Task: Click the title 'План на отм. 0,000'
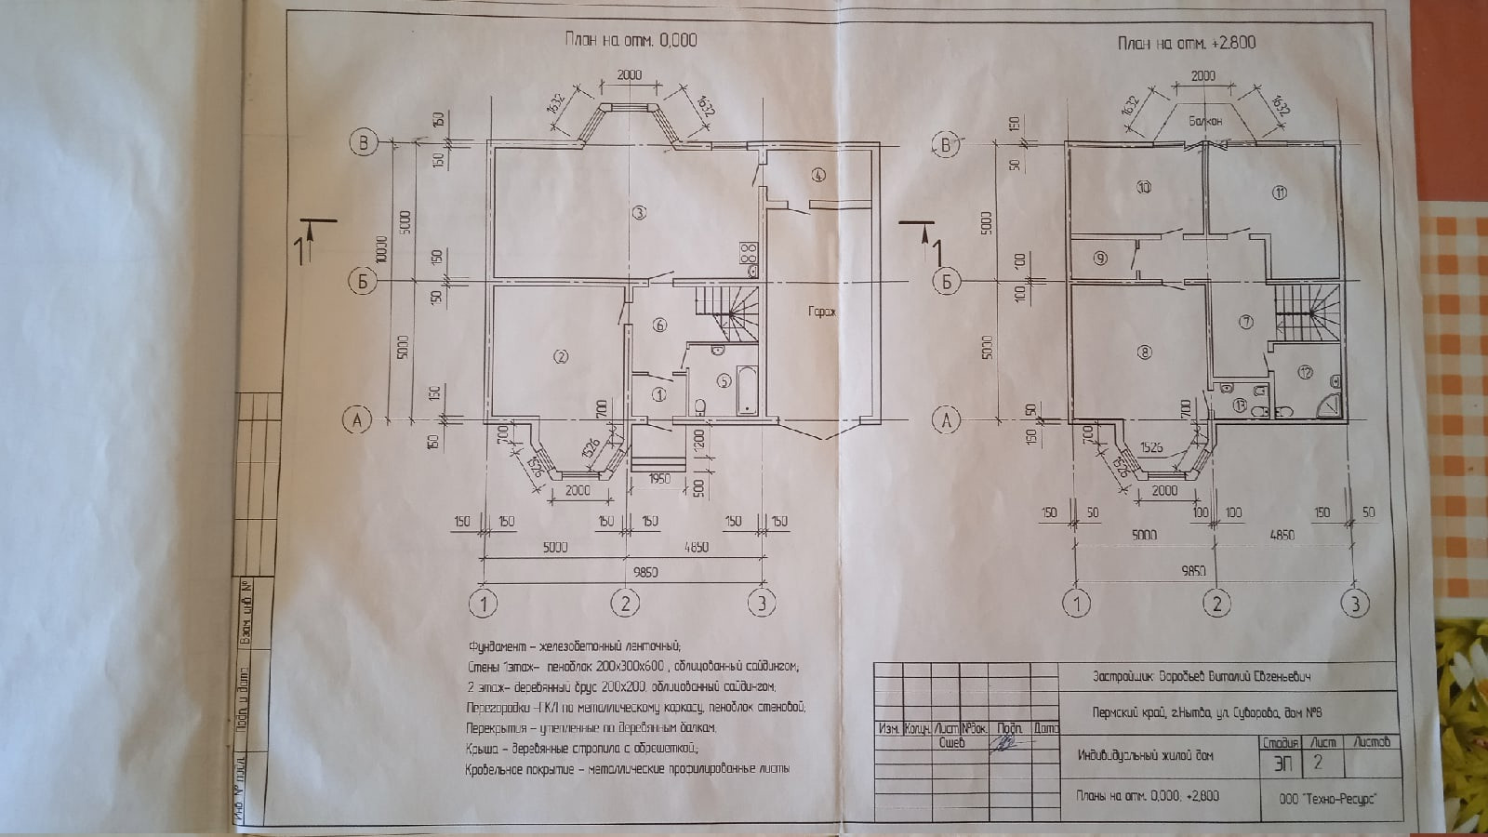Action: pos(630,39)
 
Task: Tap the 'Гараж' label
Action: pos(821,312)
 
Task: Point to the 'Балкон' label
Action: pos(1205,121)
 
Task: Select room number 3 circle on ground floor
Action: pos(639,213)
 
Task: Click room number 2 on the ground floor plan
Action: pos(560,356)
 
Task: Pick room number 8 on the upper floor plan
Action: pos(1144,352)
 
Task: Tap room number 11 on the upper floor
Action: pos(1280,193)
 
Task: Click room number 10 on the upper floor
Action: pos(1144,187)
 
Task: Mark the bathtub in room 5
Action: pos(747,390)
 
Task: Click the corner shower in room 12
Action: pos(1332,405)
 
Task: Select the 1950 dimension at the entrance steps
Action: pos(658,479)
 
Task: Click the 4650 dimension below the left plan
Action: pos(697,547)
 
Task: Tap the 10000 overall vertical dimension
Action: pos(380,246)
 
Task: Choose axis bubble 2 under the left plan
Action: pos(625,604)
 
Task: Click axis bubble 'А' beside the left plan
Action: pos(357,420)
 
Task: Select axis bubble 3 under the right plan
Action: pos(1355,604)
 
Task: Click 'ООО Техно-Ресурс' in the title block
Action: pos(1327,798)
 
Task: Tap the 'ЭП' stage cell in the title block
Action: pos(1282,764)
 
